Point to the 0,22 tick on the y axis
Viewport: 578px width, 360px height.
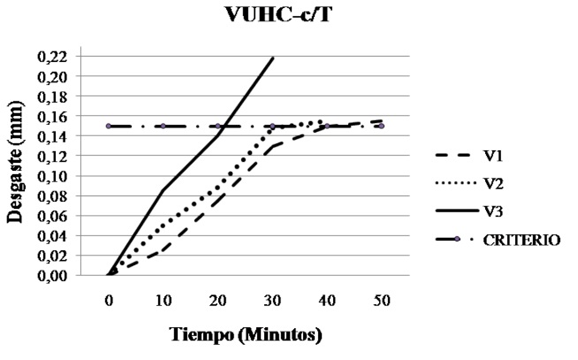(x=57, y=57)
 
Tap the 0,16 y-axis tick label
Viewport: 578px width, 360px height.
(x=57, y=116)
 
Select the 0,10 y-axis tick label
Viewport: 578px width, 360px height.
(x=57, y=176)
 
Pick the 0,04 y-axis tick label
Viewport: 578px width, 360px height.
(x=57, y=235)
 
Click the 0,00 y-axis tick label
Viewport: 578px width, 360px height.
(x=57, y=275)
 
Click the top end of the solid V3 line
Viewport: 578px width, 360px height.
(x=273, y=58)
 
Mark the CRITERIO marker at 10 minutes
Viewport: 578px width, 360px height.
(x=164, y=126)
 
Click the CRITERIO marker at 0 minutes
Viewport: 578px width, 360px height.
(x=109, y=126)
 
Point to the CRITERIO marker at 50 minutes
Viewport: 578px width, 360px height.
(x=381, y=126)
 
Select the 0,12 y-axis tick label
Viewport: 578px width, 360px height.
(x=57, y=156)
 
